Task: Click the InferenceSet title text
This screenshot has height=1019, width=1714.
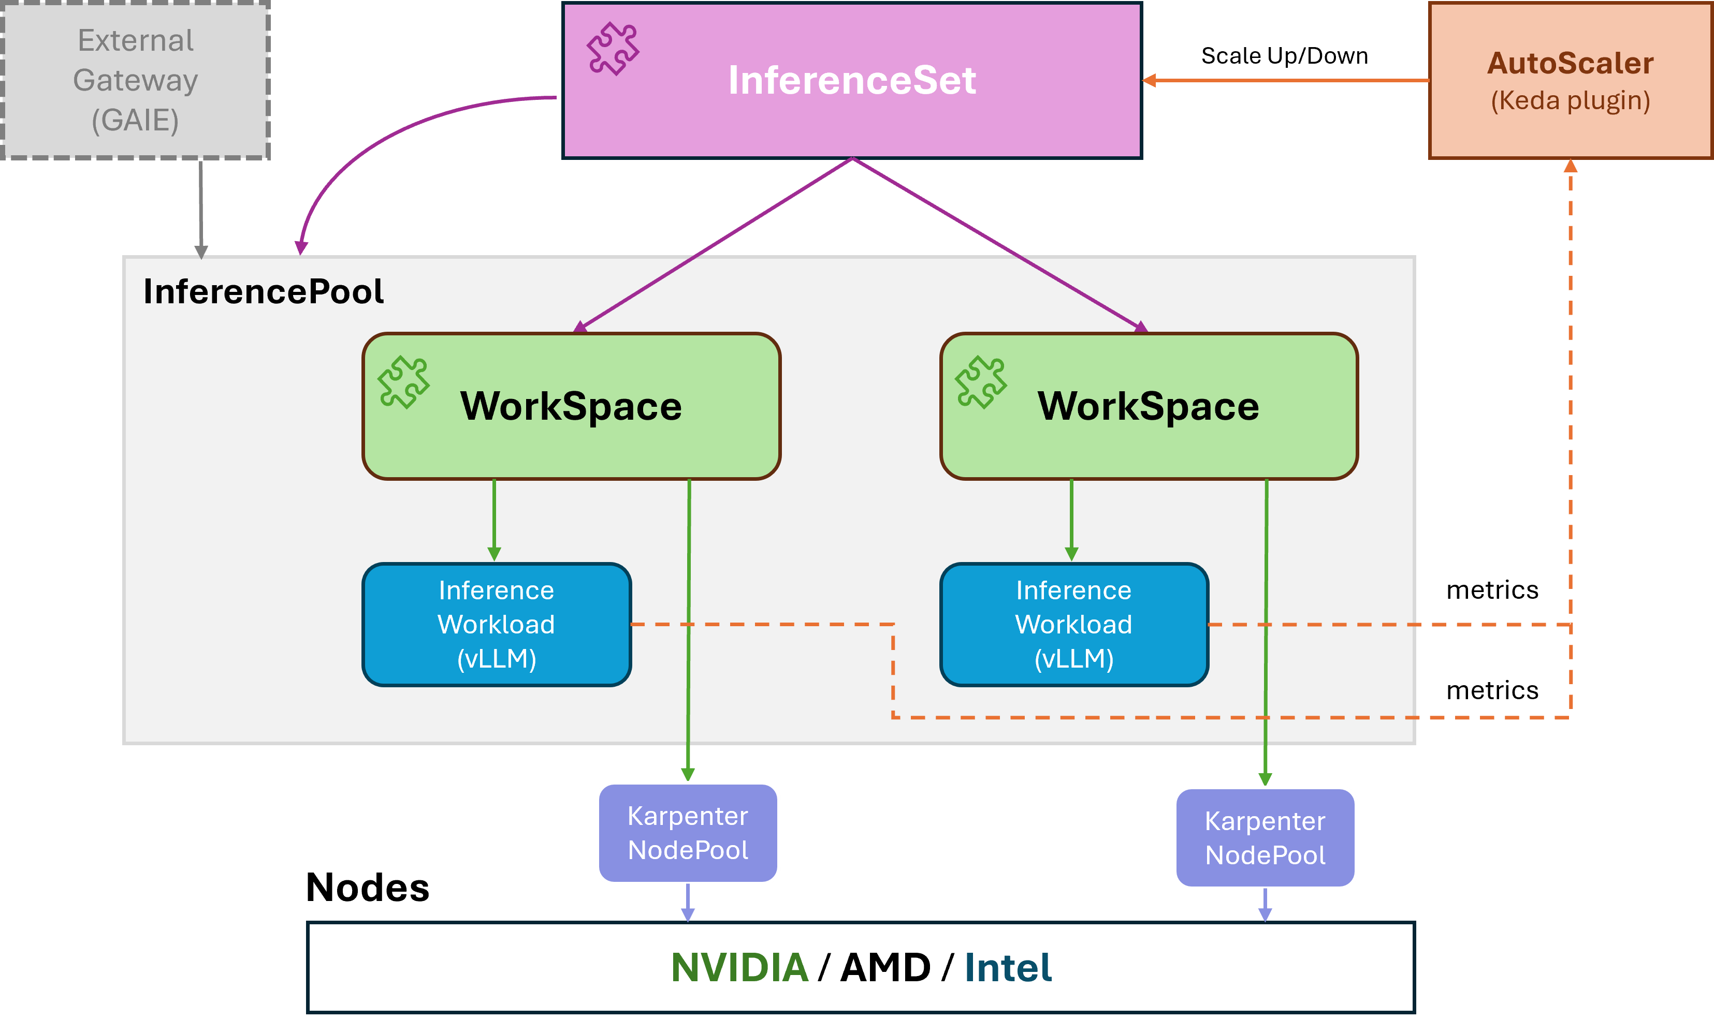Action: [852, 80]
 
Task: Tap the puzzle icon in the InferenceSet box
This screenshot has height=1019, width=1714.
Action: [612, 48]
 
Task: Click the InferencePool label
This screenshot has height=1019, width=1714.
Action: [263, 291]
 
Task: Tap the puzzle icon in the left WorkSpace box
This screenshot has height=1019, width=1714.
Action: [403, 382]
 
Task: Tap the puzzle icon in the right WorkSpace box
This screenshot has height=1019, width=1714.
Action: [980, 382]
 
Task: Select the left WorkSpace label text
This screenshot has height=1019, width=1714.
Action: [571, 406]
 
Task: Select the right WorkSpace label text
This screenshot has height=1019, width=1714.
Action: [1148, 406]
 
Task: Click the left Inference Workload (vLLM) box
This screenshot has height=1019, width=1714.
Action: [497, 624]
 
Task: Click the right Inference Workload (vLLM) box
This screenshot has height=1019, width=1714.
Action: [1074, 624]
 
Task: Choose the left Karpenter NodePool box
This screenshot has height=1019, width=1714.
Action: [688, 833]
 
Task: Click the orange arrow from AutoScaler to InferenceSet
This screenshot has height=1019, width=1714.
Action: [1285, 80]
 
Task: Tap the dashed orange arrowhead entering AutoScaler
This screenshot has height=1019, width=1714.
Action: [1571, 166]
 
